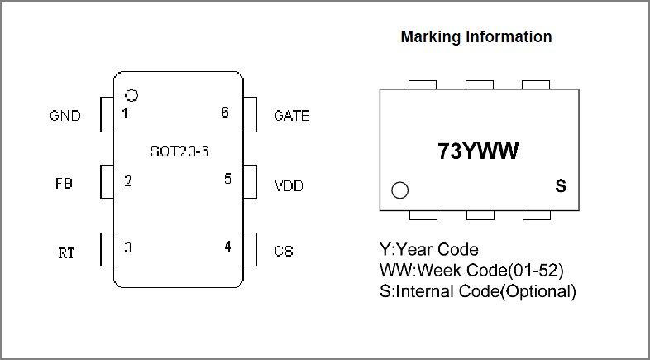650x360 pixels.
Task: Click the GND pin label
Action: (x=65, y=116)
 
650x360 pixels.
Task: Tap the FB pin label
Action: (x=64, y=184)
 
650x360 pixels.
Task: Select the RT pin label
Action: (x=66, y=252)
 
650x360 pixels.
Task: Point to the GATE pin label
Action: (x=291, y=116)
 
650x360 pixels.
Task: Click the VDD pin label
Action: (x=289, y=185)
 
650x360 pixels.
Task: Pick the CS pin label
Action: (x=283, y=251)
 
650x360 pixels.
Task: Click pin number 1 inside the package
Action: (x=125, y=113)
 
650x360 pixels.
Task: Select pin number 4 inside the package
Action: (x=227, y=247)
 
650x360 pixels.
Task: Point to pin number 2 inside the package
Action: (x=128, y=180)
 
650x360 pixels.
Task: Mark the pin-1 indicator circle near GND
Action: (x=131, y=95)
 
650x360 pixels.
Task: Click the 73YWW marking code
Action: (x=477, y=151)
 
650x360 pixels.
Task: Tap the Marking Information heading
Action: (x=476, y=37)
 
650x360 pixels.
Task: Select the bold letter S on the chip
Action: (x=560, y=187)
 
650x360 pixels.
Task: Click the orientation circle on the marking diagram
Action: (x=400, y=190)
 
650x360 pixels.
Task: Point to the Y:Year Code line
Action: (x=428, y=249)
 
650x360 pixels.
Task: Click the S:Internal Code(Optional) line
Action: (x=477, y=290)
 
